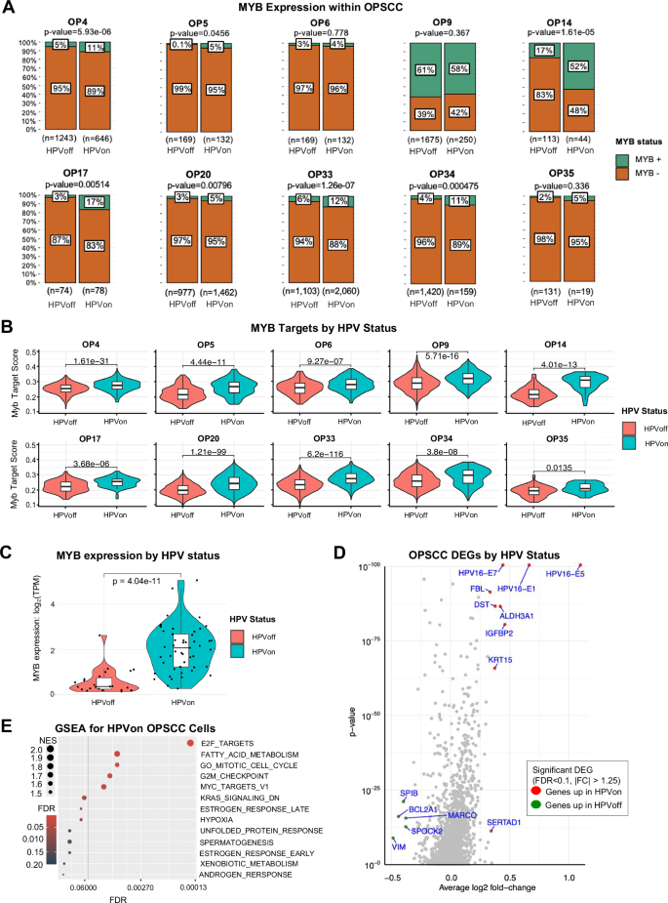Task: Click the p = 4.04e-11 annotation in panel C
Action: click(x=140, y=575)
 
